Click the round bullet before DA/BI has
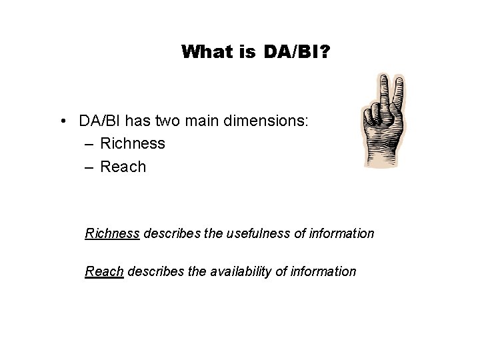(x=61, y=121)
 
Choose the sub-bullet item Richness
(x=132, y=143)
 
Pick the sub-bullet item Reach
(x=123, y=167)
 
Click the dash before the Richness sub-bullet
(x=89, y=143)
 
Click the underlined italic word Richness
(x=112, y=233)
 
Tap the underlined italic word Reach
(x=104, y=271)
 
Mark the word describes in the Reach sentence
(x=151, y=271)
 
